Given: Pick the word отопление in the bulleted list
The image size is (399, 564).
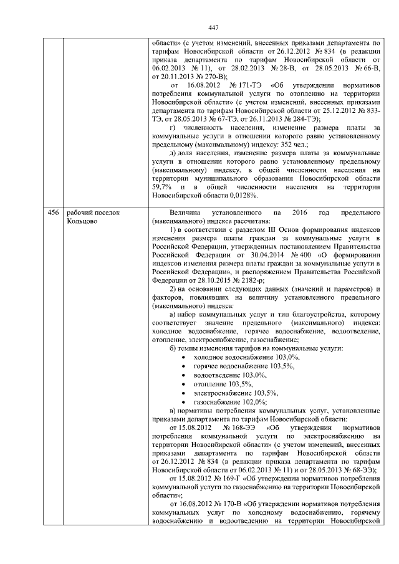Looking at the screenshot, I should (x=213, y=385).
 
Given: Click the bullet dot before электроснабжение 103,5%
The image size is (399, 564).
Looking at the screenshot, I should (x=181, y=394).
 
